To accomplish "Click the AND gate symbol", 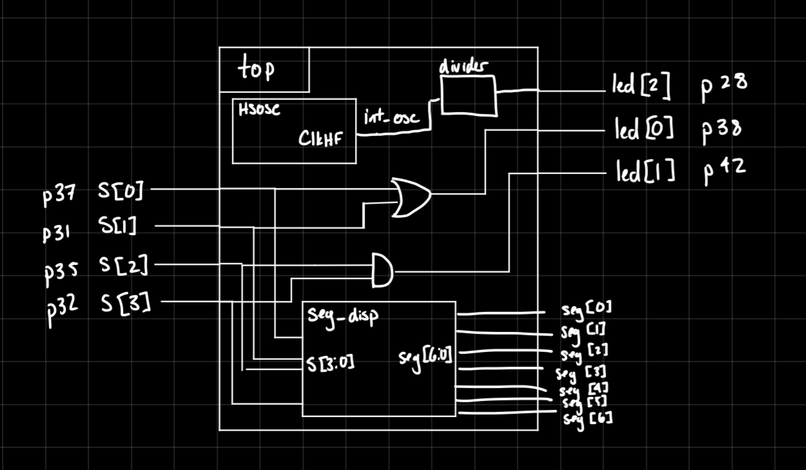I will pyautogui.click(x=382, y=270).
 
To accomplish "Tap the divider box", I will pyautogui.click(x=468, y=95).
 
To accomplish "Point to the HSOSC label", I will pyautogui.click(x=259, y=110).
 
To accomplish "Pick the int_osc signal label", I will pyautogui.click(x=391, y=119).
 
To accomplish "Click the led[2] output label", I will pyautogui.click(x=641, y=88).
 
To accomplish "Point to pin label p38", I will pyautogui.click(x=722, y=130).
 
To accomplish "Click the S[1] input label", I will pyautogui.click(x=117, y=226).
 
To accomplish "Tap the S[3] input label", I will pyautogui.click(x=125, y=302).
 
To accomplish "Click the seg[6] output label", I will pyautogui.click(x=588, y=419).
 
